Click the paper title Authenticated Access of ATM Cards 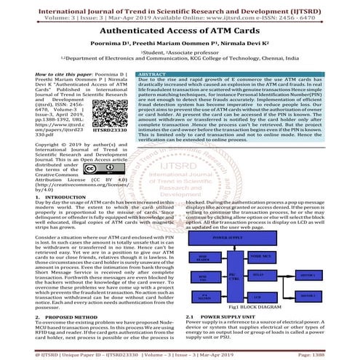pyautogui.click(x=180, y=33)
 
